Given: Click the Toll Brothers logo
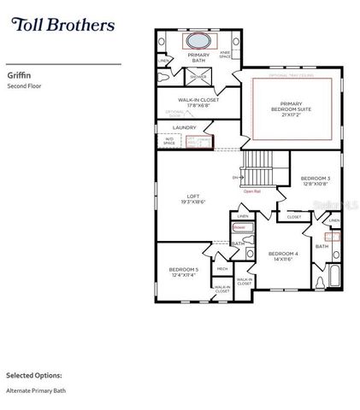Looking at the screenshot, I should (62, 25).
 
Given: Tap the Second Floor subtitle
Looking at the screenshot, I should (24, 86).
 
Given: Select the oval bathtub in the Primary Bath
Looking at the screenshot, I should (198, 41).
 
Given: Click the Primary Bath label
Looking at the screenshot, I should (198, 57).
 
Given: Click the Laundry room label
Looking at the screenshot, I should (184, 128).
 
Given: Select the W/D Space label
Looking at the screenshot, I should (169, 142).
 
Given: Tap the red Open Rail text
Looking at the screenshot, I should (252, 191).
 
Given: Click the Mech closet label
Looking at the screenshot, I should (222, 268).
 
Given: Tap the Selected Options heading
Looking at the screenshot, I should (34, 374).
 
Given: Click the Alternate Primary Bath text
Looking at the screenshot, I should (36, 391).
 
